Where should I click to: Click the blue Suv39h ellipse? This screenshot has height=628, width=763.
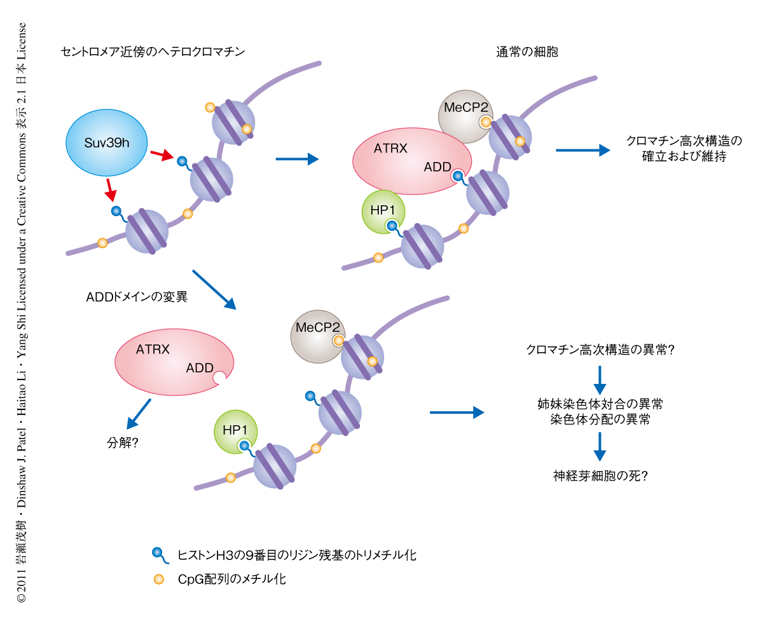(107, 143)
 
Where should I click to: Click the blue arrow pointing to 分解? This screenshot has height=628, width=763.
(139, 414)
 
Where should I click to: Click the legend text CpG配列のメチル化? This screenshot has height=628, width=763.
(231, 579)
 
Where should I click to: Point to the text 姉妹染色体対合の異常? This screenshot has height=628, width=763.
(600, 404)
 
